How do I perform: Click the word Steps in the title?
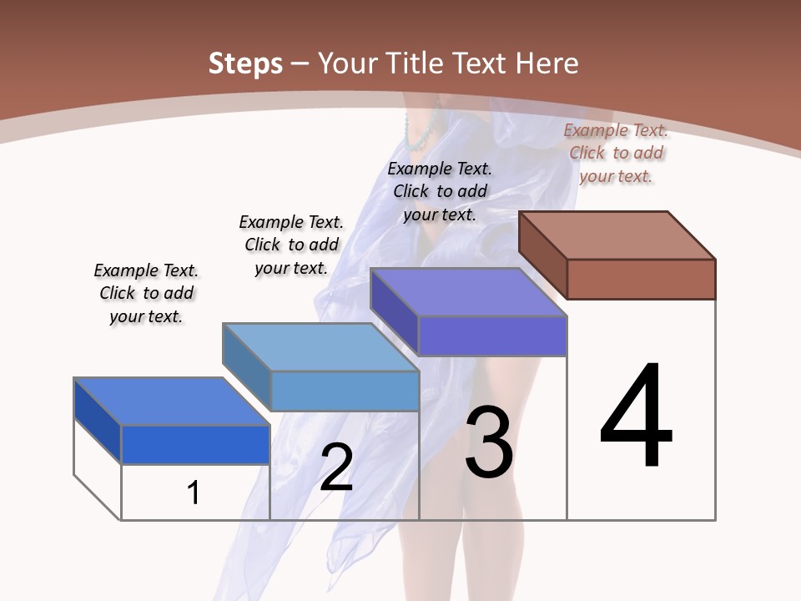[x=245, y=63]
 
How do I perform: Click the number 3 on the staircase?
[x=489, y=442]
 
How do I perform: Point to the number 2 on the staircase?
[x=336, y=468]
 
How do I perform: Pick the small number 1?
[x=194, y=492]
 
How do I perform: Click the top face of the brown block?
[x=617, y=235]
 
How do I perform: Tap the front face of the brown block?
[x=641, y=279]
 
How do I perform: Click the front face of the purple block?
[x=492, y=336]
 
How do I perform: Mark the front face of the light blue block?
[x=345, y=391]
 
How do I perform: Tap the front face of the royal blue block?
[x=195, y=444]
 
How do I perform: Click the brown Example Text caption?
[x=616, y=153]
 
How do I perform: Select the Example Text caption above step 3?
[x=440, y=191]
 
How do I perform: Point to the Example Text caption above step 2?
[x=291, y=245]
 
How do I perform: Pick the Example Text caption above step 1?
[x=146, y=293]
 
